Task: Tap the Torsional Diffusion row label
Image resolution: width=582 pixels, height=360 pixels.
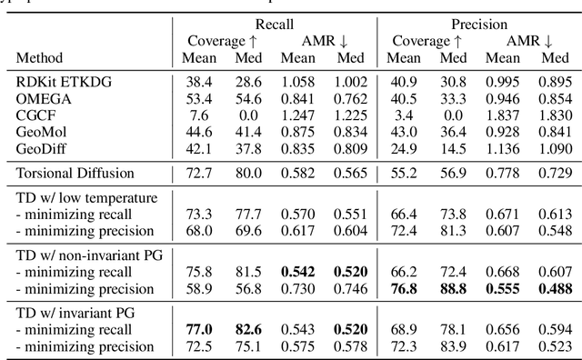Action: (x=78, y=172)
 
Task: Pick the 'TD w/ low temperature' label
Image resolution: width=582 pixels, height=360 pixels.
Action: (x=87, y=197)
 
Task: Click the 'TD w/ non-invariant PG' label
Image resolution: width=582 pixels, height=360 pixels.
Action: (x=91, y=255)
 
